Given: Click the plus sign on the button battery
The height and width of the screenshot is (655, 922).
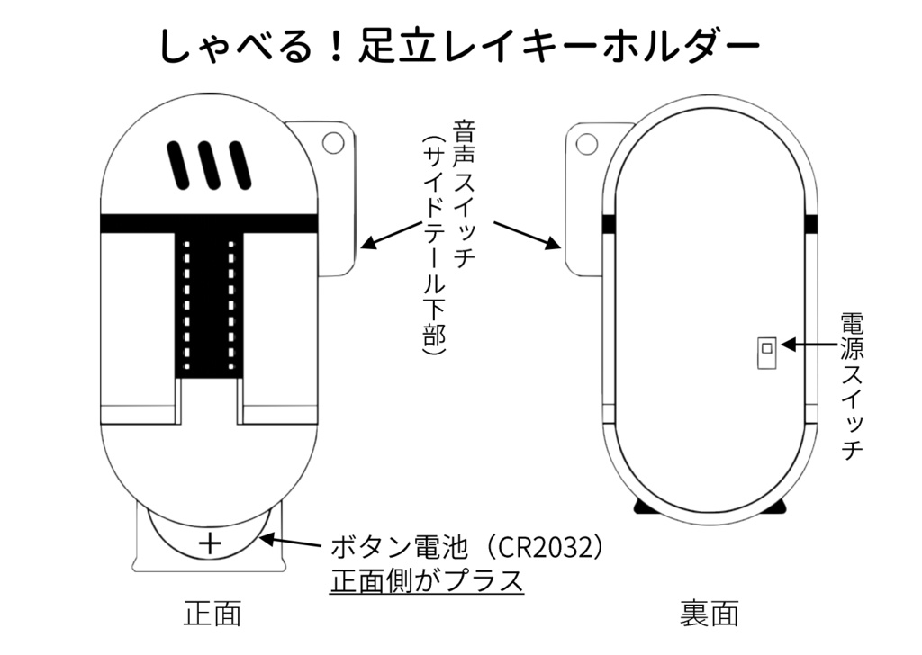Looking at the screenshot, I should (210, 543).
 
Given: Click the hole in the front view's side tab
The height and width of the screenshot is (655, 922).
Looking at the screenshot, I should (333, 142).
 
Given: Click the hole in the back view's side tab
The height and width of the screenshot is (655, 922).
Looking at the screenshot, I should (587, 143).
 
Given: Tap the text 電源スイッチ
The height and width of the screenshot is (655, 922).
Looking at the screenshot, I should (851, 387).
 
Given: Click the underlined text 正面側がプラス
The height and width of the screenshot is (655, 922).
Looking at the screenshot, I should (427, 580).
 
